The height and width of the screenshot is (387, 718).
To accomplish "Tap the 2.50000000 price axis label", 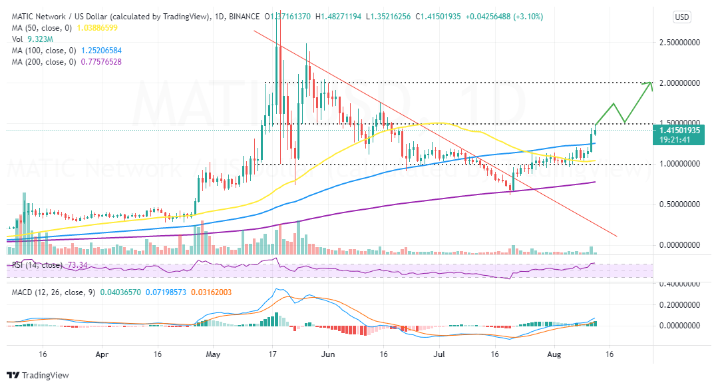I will (682, 43).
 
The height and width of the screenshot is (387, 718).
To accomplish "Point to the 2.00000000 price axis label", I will (682, 83).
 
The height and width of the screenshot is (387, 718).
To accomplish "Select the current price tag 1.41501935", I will (682, 131).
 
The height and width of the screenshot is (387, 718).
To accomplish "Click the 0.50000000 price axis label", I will (682, 204).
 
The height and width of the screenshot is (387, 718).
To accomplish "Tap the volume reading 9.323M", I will (39, 39).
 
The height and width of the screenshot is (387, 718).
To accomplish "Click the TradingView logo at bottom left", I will (38, 375).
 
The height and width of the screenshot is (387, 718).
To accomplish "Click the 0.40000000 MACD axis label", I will (682, 284).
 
